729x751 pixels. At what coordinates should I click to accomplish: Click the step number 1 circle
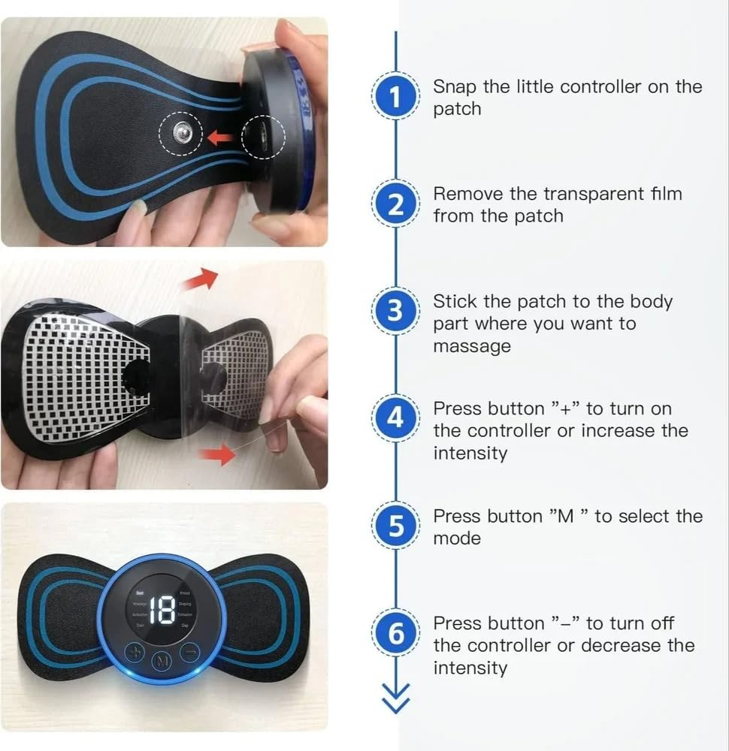[395, 97]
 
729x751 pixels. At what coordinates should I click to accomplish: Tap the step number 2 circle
[395, 204]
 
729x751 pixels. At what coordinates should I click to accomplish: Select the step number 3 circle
[395, 310]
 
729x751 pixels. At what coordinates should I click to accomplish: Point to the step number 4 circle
[395, 418]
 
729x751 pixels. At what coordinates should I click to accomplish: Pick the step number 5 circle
[395, 526]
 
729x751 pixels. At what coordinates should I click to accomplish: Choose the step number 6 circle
[395, 635]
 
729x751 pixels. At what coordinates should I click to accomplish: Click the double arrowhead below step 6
[395, 700]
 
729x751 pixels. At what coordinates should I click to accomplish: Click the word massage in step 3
[472, 346]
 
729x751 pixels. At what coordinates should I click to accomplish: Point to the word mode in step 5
[457, 538]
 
